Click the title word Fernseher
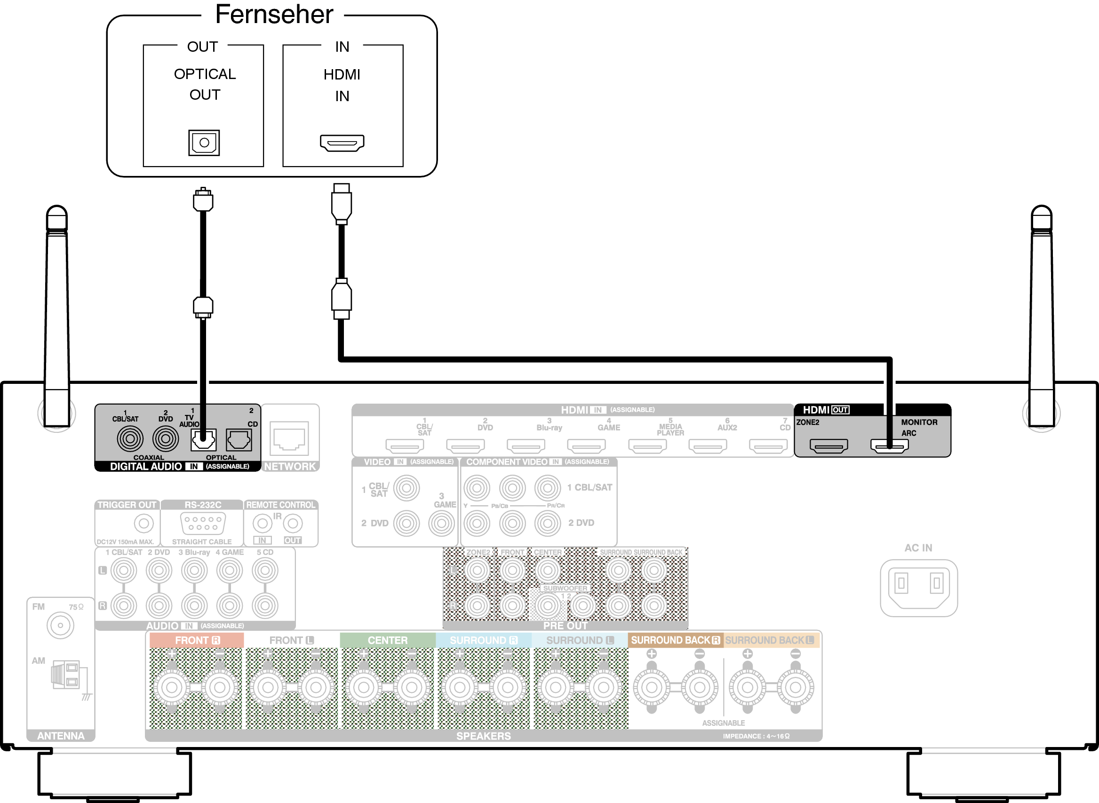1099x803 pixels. [x=274, y=15]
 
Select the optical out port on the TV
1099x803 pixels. [x=204, y=143]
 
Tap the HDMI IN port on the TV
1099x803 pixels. [x=342, y=143]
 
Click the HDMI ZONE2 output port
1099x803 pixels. [x=829, y=446]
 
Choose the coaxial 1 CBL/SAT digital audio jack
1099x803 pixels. [x=130, y=439]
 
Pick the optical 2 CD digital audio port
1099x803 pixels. [x=239, y=440]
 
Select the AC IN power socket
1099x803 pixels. [x=919, y=588]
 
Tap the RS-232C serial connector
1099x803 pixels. [x=203, y=523]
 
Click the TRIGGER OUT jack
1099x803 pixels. [x=143, y=524]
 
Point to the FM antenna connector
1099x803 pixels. [x=60, y=626]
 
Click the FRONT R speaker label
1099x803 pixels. [x=197, y=641]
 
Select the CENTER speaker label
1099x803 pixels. [x=387, y=641]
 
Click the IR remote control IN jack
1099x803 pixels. [x=263, y=524]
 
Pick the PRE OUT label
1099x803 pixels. [x=565, y=626]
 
